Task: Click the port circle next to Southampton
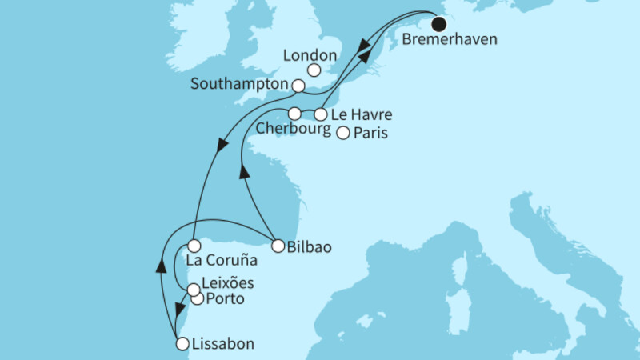click(298, 85)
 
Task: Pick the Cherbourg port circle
click(295, 113)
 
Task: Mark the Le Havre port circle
click(321, 114)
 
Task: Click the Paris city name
click(370, 134)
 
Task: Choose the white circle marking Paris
click(343, 134)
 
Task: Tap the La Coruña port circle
click(194, 246)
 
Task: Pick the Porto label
click(224, 299)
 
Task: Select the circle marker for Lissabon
click(182, 345)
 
